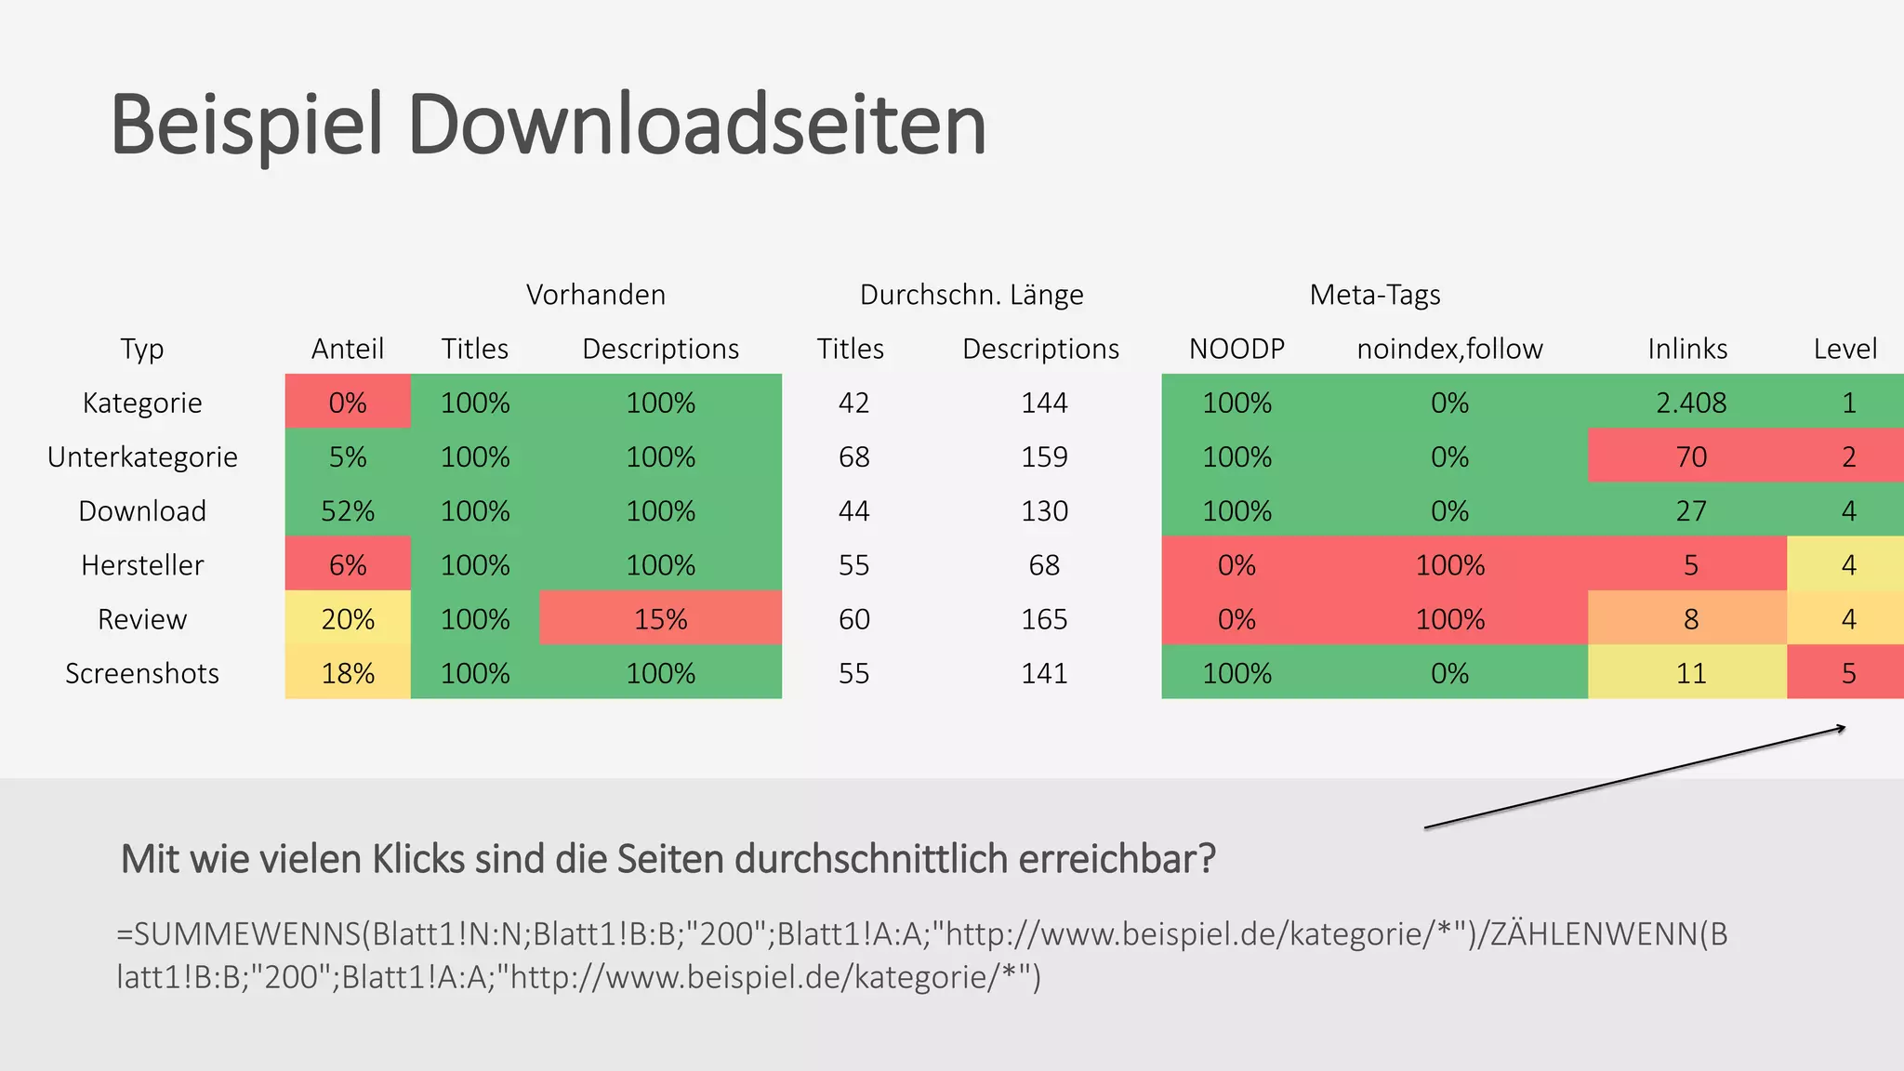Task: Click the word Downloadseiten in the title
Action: (696, 125)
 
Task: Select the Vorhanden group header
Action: (596, 295)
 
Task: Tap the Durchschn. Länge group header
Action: (972, 295)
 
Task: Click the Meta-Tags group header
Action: (1375, 295)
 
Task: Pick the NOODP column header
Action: (1236, 349)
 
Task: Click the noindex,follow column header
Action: (1449, 349)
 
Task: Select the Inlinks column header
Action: (1687, 349)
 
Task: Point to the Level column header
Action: (1845, 349)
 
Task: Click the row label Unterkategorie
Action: (142, 456)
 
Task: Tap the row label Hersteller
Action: (142, 565)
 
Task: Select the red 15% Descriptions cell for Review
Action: (660, 619)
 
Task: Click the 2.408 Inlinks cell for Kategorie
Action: (1691, 403)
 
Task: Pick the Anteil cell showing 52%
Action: (348, 511)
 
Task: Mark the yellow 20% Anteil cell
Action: (348, 619)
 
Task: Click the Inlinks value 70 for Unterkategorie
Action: (1691, 456)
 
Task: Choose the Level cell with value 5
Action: (1848, 673)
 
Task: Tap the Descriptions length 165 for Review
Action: (1044, 619)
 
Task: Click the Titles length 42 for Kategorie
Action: (853, 403)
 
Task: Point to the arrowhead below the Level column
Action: (1841, 729)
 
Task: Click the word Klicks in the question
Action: (418, 858)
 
